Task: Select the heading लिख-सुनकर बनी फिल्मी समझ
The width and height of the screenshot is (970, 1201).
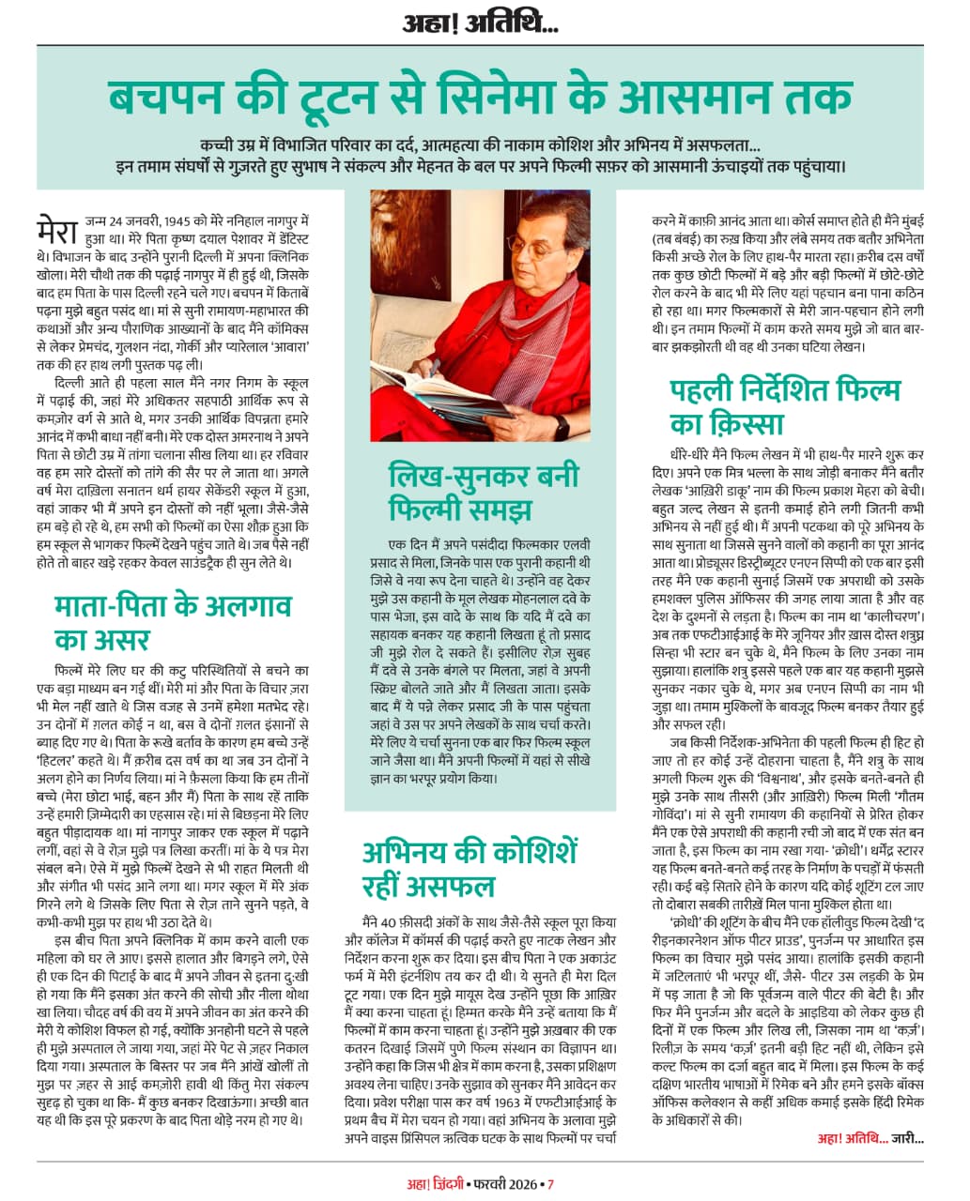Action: (x=484, y=493)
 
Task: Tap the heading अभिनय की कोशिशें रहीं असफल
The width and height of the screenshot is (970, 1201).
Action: (x=470, y=869)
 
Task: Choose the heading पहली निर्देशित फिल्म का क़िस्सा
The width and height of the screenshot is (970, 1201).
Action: (x=785, y=404)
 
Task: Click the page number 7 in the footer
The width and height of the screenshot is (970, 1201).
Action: (x=551, y=1184)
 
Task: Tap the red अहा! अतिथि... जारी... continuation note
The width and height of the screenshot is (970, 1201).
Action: (x=870, y=1139)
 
